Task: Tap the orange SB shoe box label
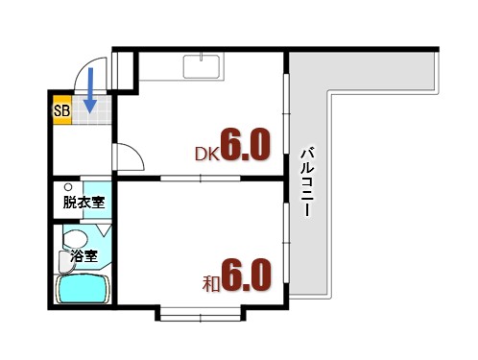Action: [x=61, y=110]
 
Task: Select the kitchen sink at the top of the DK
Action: [x=203, y=66]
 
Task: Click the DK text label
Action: [x=206, y=152]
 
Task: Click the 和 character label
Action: [x=211, y=283]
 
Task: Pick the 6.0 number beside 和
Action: [x=247, y=276]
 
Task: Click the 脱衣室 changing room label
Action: [x=84, y=203]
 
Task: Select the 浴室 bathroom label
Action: [x=84, y=256]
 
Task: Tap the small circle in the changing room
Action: [x=68, y=186]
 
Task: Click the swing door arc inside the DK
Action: [x=130, y=156]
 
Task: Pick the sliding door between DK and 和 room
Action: [x=200, y=179]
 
